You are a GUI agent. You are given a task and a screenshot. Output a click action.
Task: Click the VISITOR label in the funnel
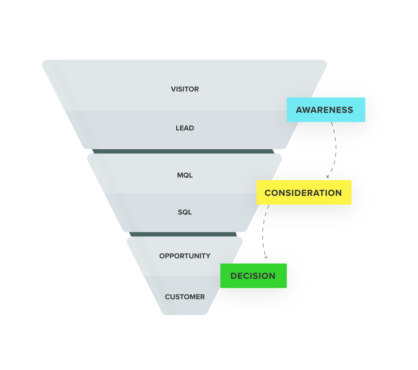(185, 89)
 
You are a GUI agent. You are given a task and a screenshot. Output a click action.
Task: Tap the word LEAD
(185, 128)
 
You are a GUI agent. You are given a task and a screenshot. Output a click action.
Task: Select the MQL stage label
(185, 175)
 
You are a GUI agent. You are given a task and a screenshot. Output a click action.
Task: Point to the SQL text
(185, 212)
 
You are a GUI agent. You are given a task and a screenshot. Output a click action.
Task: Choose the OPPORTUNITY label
(185, 256)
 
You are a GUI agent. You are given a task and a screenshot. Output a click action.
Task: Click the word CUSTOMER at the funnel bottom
(185, 297)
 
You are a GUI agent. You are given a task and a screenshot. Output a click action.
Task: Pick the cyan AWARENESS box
(326, 110)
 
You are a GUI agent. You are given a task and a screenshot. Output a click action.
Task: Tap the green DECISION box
(253, 276)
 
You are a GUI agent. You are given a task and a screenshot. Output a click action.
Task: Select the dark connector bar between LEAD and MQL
(184, 151)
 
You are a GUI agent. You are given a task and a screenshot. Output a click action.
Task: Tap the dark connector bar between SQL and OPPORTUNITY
(184, 234)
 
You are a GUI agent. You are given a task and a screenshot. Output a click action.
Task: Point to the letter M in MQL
(180, 175)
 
